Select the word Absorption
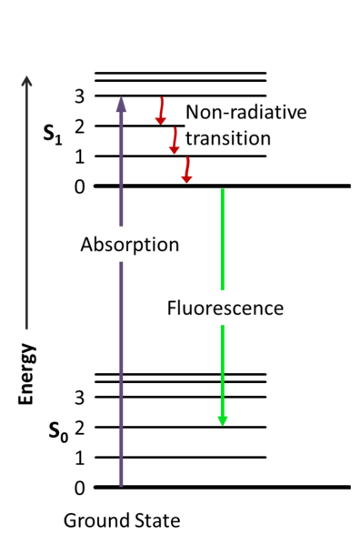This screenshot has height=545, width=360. [129, 245]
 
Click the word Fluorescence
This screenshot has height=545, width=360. [225, 308]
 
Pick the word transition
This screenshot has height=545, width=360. [227, 138]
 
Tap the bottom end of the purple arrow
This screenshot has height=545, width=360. [121, 484]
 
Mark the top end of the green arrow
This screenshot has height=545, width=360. [222, 190]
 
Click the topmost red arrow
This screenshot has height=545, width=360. [161, 110]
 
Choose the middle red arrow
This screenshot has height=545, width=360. [174, 141]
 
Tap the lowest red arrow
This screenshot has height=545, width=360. [186, 170]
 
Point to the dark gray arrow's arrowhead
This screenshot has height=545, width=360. [26, 80]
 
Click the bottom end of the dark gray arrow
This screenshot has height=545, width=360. [26, 329]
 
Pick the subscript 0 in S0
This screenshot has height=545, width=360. [65, 437]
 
